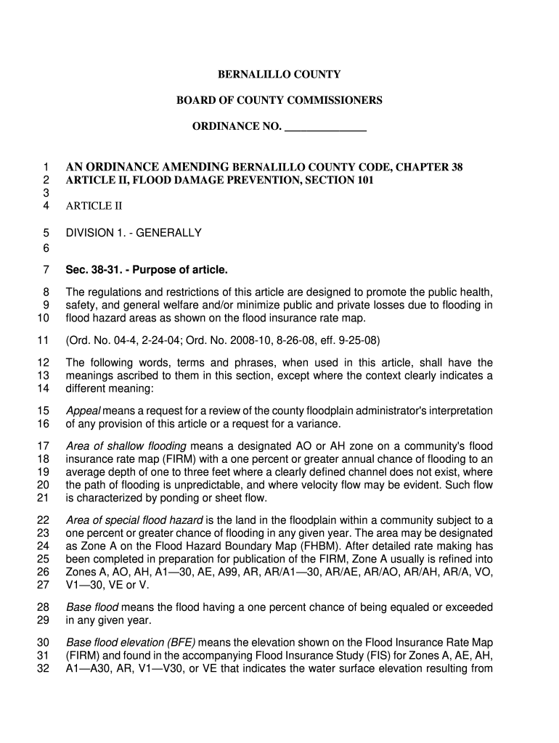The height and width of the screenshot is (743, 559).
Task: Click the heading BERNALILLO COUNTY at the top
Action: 279,75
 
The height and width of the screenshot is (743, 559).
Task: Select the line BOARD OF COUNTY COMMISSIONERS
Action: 279,100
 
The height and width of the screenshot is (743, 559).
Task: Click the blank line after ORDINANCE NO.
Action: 325,127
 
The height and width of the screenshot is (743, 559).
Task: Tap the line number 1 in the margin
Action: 45,168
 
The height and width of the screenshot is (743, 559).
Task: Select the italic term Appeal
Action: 83,411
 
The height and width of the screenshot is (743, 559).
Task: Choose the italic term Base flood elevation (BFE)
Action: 131,643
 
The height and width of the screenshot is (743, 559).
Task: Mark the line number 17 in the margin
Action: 42,446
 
